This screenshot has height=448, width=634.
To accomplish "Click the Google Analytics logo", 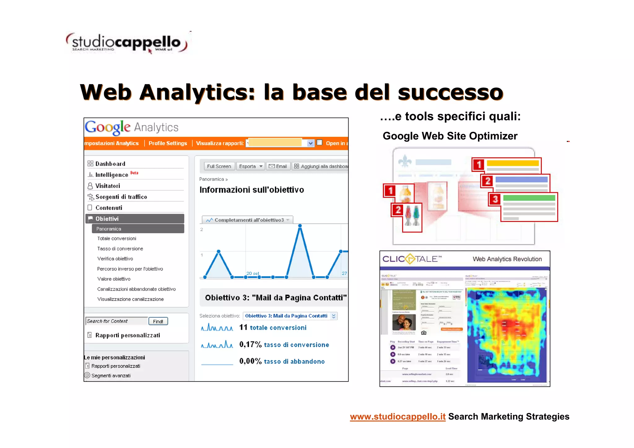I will (132, 127).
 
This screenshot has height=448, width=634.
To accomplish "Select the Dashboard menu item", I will (110, 164).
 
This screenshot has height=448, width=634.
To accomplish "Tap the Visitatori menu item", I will (107, 186).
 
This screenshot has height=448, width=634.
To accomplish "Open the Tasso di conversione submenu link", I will (120, 249).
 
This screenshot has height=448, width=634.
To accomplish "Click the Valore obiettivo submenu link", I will (114, 279).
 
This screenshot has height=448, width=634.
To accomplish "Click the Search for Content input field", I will (116, 321).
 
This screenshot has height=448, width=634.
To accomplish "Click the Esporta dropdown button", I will (250, 166).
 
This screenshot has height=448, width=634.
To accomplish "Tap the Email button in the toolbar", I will (278, 166).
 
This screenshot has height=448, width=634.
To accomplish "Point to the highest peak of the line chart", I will (300, 226).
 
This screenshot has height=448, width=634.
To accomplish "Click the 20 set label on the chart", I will (253, 273).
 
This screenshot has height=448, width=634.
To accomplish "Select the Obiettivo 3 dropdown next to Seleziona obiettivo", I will (290, 316).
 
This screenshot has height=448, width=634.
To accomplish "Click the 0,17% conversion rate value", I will (250, 345).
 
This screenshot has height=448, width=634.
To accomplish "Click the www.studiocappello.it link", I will (397, 417).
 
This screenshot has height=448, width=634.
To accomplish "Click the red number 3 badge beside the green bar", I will (495, 199).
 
